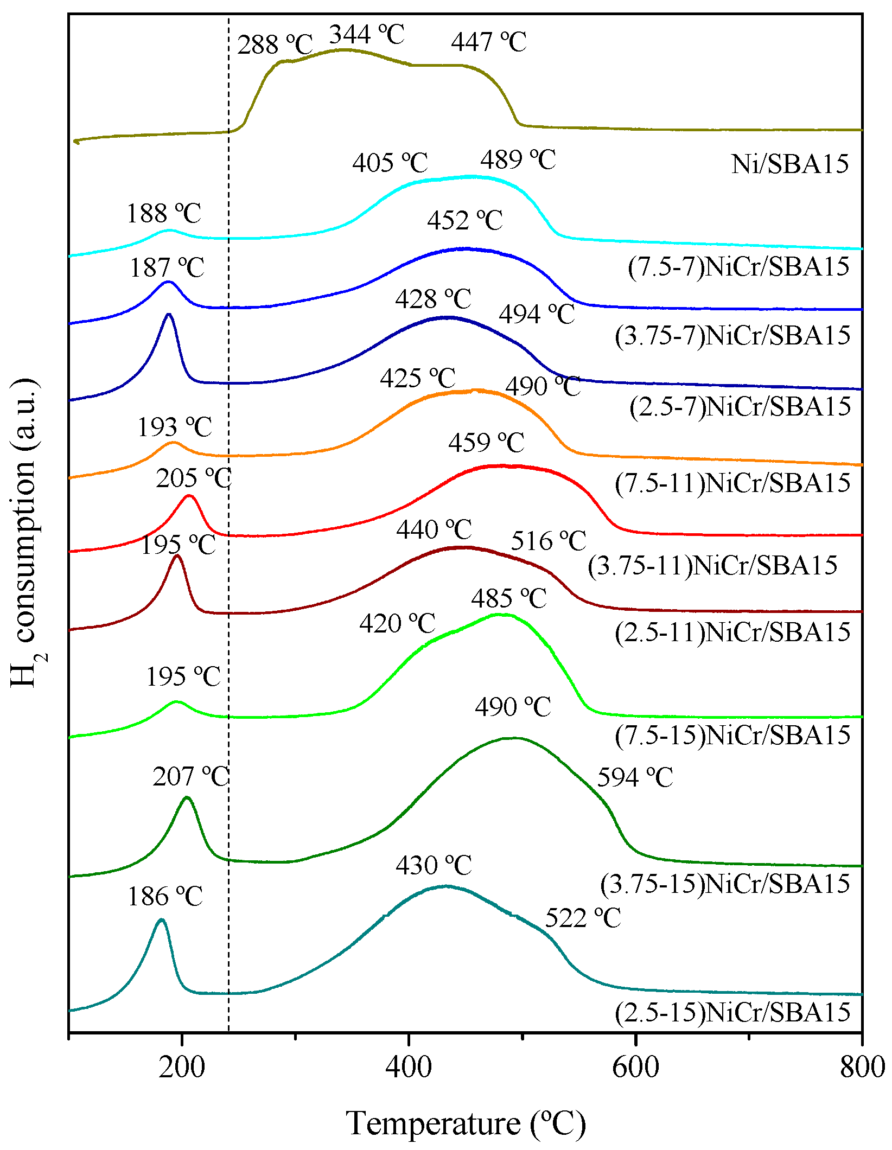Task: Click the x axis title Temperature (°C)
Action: click(466, 1123)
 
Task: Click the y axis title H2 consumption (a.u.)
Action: click(24, 532)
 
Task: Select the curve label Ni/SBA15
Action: click(789, 164)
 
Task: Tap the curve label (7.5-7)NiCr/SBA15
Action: click(738, 267)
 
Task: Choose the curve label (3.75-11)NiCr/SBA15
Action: click(712, 566)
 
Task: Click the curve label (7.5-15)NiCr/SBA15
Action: click(732, 736)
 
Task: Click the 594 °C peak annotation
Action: click(635, 778)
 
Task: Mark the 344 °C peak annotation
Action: click(367, 35)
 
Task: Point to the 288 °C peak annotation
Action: click(275, 44)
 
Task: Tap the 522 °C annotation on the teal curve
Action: click(582, 918)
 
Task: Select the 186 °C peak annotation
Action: click(165, 897)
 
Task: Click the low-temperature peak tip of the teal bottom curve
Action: click(161, 919)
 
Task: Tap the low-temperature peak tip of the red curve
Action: click(189, 495)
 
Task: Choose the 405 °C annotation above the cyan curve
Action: click(390, 163)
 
